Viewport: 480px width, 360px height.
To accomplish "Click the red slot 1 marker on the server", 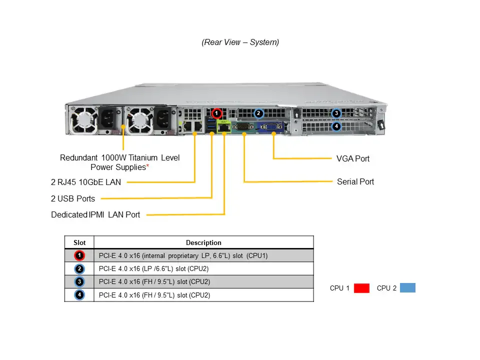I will tap(216, 113).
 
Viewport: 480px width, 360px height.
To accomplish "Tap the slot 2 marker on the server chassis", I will tap(258, 113).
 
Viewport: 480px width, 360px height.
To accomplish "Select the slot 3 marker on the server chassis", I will tap(336, 113).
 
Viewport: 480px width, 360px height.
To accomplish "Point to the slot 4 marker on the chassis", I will tap(336, 126).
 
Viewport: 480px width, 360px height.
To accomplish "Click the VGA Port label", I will tap(353, 158).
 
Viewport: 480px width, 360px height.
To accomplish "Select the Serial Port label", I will tap(355, 181).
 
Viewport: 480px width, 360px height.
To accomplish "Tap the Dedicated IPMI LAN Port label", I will tap(95, 214).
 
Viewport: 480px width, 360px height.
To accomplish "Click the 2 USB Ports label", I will tap(73, 198).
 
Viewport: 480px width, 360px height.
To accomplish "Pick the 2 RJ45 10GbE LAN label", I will tap(86, 182).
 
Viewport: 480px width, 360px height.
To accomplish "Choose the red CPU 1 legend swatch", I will tap(361, 288).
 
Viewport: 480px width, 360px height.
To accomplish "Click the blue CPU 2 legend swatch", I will tap(408, 288).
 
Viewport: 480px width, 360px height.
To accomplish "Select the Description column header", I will tap(203, 242).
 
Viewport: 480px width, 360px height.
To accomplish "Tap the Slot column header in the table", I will tap(79, 242).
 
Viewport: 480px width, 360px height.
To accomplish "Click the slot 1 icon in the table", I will tap(79, 256).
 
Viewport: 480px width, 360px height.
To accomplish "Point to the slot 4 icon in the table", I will tap(79, 295).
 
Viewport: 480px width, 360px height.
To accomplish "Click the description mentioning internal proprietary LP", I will tap(183, 256).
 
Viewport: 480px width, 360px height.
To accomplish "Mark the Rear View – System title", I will tap(240, 42).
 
